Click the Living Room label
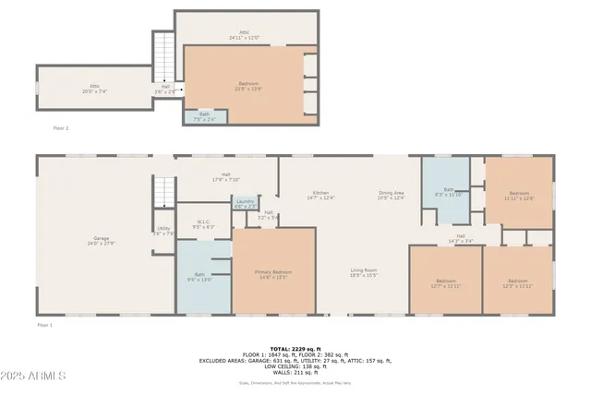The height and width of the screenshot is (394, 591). tap(363, 272)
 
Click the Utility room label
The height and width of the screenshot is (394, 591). tap(163, 231)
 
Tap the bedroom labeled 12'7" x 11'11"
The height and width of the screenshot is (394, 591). tap(446, 282)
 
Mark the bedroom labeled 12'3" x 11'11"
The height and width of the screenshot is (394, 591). tap(518, 282)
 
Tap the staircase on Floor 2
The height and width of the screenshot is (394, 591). tap(163, 55)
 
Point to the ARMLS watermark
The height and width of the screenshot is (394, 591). tap(34, 376)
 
